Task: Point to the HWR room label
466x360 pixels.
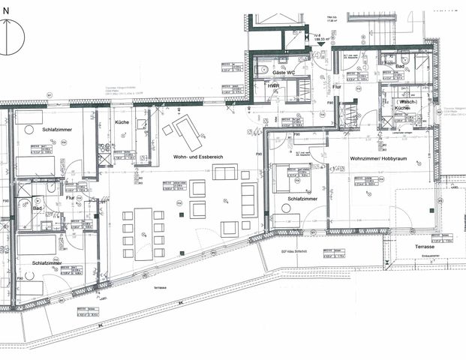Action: pos(274,87)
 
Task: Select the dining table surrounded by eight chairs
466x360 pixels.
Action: pos(143,232)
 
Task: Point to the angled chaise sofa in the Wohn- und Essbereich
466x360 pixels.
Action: pos(186,133)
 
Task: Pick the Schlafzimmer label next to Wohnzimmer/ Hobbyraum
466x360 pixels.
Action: pos(302,198)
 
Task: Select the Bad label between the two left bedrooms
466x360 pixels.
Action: pos(38,208)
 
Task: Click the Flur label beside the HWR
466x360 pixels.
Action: pos(337,87)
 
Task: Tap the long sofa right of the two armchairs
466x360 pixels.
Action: pos(248,199)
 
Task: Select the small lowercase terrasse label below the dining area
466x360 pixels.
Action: pos(160,287)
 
